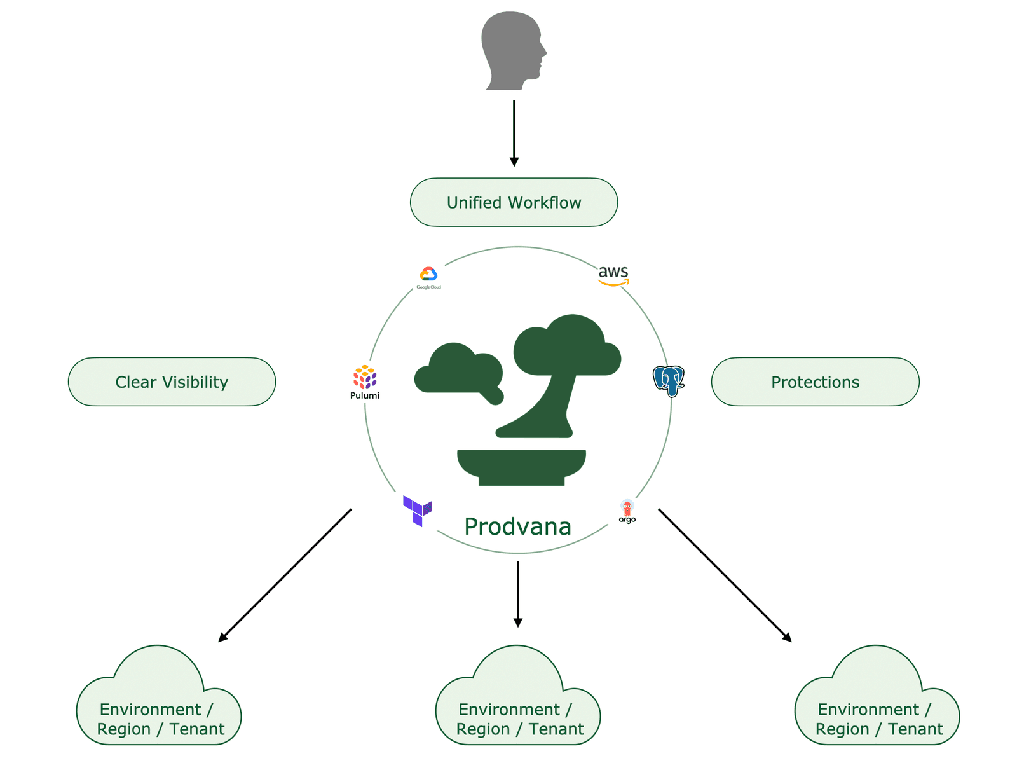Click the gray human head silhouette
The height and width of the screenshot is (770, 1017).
coord(512,51)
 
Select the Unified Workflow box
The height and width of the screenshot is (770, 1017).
coord(514,202)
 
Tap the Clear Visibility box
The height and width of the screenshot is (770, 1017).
coord(172,382)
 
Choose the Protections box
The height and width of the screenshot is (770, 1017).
coord(815,382)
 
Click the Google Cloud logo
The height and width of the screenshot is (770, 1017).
coord(428,277)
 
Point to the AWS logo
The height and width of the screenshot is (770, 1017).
coord(613,275)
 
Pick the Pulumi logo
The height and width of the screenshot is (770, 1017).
coord(365,382)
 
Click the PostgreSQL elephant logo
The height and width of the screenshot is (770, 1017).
coord(668,380)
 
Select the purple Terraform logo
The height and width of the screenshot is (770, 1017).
coord(417,511)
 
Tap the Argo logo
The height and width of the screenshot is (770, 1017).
coord(627,511)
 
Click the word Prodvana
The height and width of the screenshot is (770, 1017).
coord(517,526)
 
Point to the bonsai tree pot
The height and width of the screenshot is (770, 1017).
coord(521,467)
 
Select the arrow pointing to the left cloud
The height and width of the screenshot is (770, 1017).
coord(285,575)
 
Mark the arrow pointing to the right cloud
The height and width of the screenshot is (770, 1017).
coord(725,575)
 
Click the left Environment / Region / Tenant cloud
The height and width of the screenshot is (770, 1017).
coord(159,706)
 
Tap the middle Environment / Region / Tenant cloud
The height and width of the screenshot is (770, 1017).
coord(518,706)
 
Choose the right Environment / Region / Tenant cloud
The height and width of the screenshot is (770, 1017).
coord(877,706)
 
